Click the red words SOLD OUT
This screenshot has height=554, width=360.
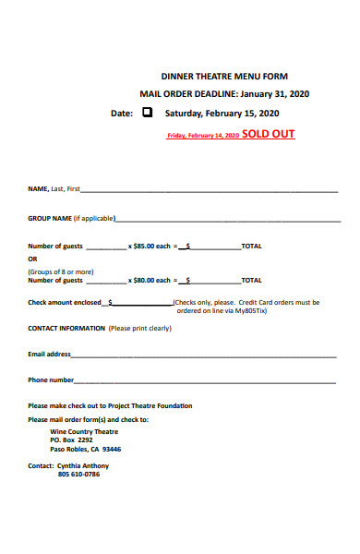coord(269,134)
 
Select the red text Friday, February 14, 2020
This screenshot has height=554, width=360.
coord(202,136)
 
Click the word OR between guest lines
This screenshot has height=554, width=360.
coord(32,259)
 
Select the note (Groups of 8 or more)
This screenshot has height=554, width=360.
coord(60,271)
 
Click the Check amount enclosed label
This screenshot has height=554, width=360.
coord(65,302)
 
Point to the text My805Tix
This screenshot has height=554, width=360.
coord(250,310)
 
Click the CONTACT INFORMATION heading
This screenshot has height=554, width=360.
coord(66,328)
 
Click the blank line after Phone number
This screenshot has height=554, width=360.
coord(204,380)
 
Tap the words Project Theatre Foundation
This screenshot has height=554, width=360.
coord(149,406)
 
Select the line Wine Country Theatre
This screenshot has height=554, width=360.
coord(84,431)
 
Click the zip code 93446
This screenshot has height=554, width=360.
coord(111,449)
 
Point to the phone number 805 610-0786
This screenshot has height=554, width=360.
coord(78,474)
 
